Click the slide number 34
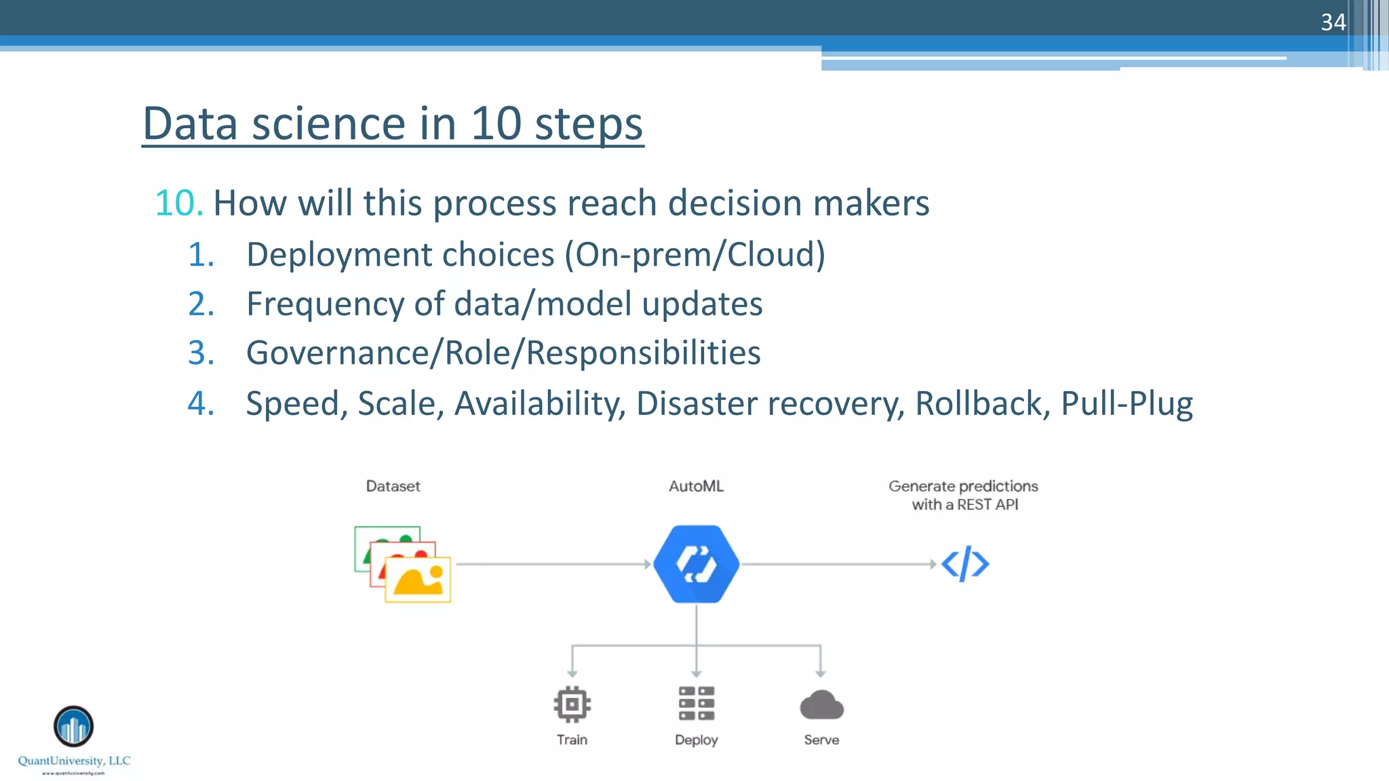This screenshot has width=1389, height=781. (1333, 22)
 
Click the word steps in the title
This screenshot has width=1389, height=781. (588, 124)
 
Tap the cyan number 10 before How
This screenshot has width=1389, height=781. (178, 203)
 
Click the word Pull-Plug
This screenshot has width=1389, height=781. (1127, 403)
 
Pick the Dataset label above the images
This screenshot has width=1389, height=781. (393, 486)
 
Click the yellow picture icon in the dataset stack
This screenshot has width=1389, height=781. (418, 580)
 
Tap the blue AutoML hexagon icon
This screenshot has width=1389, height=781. (696, 564)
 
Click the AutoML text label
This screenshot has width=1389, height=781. (696, 486)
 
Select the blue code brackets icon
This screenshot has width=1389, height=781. (964, 564)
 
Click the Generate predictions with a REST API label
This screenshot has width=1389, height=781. (963, 495)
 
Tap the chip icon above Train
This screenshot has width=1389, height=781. (572, 704)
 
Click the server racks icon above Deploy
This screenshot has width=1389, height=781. (696, 703)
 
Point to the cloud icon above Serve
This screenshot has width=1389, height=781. (821, 705)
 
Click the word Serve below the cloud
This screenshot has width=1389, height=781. (821, 740)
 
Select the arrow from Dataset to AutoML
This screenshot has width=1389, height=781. (553, 564)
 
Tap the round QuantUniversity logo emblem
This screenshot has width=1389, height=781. (73, 726)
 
